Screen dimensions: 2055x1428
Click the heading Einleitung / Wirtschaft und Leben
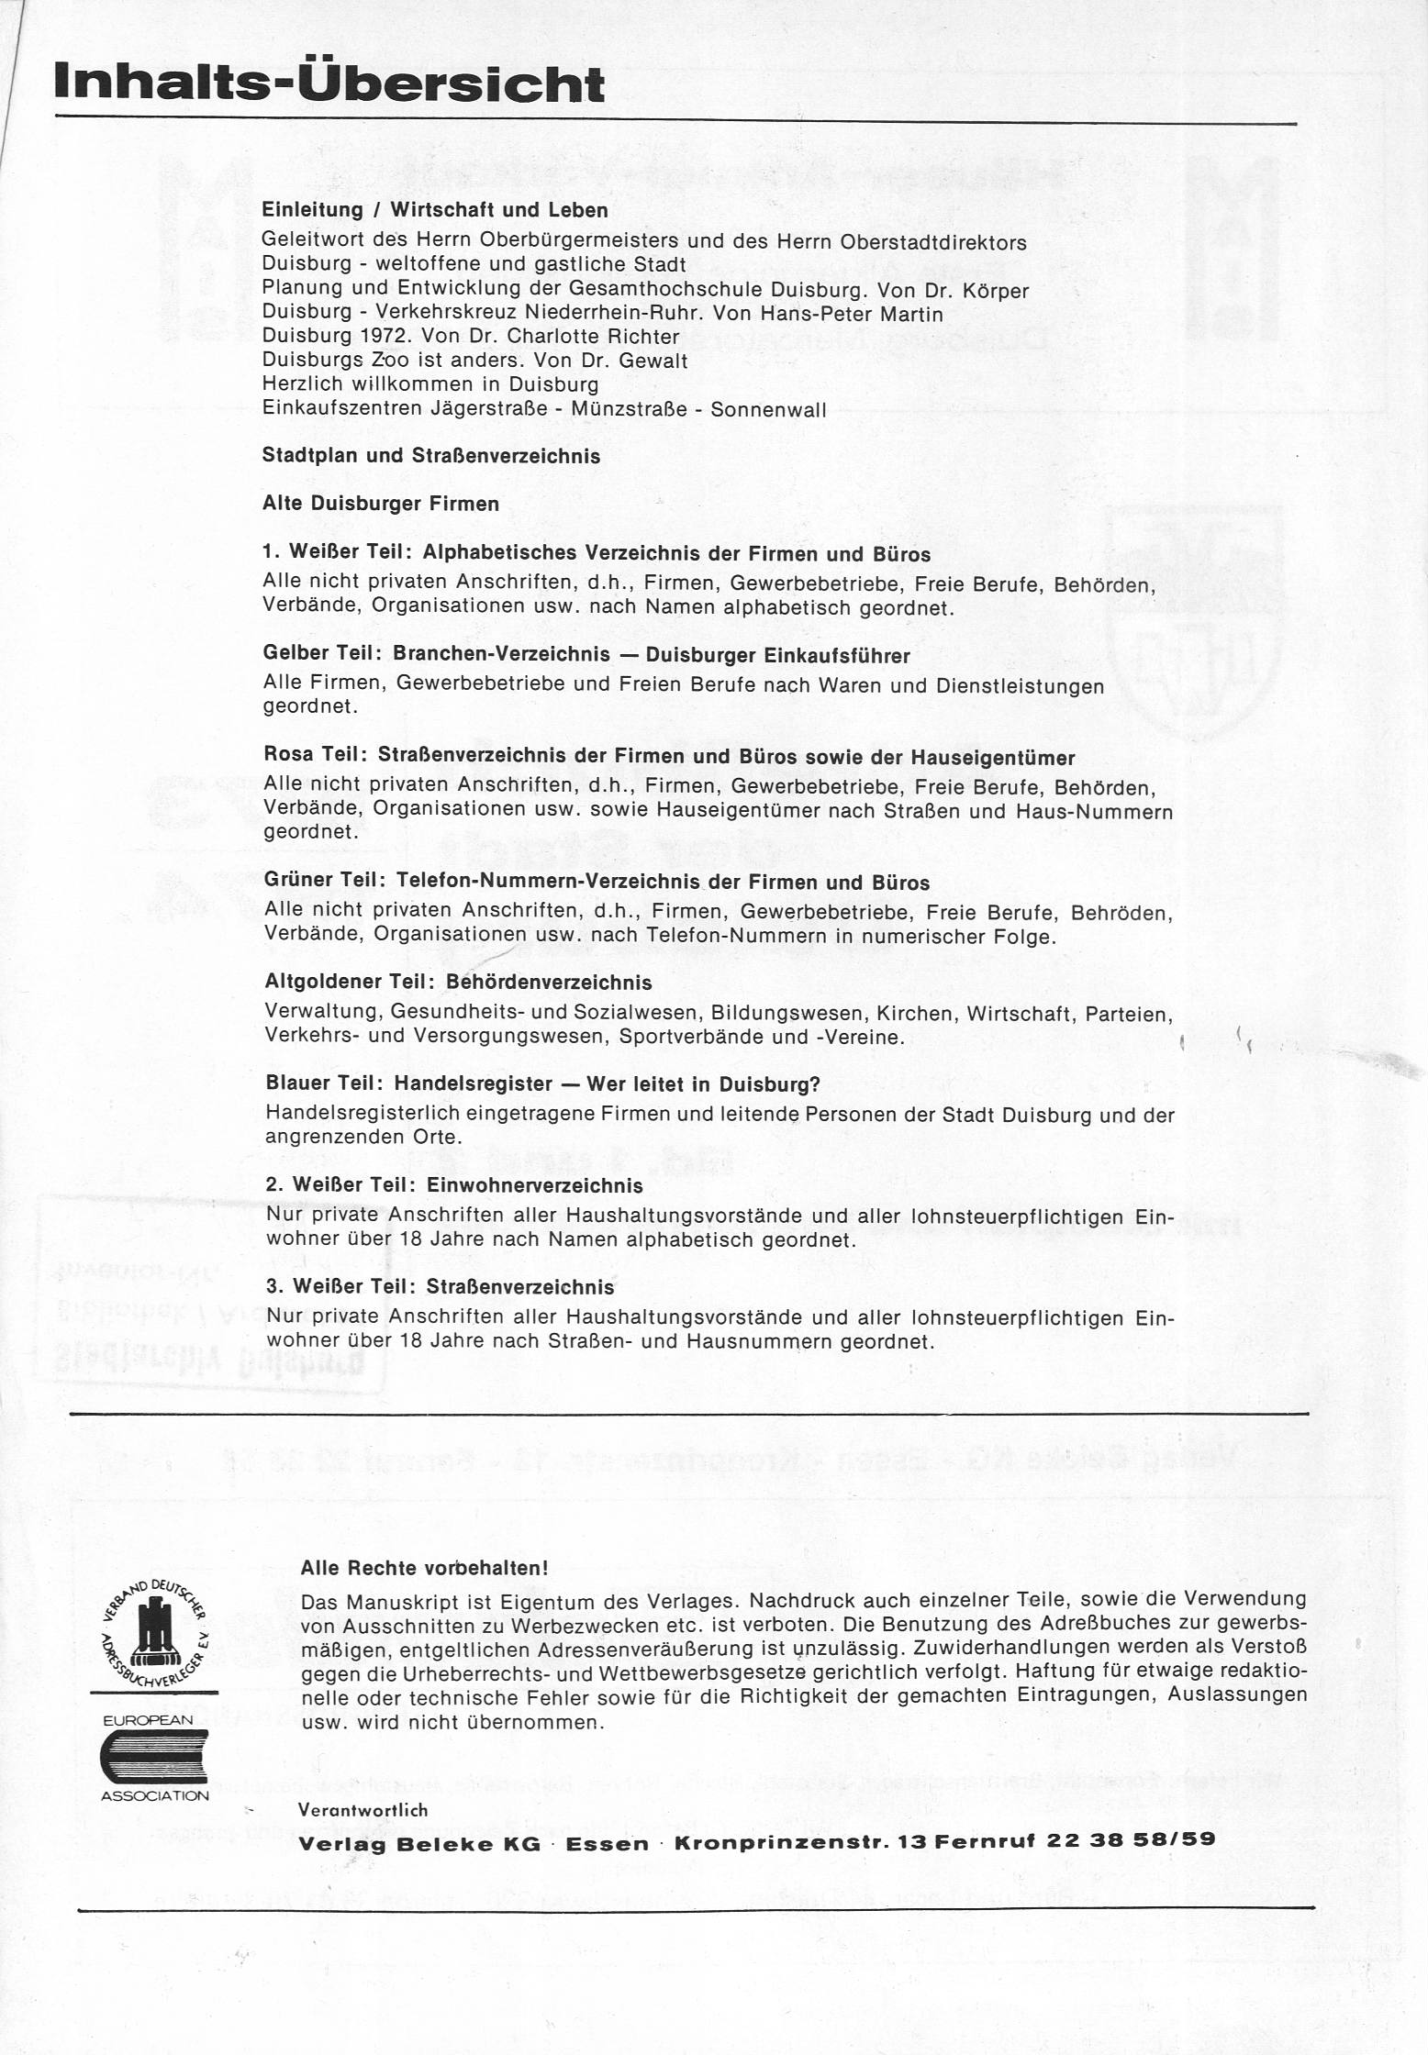(435, 210)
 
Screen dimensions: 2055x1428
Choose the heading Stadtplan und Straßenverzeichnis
(431, 456)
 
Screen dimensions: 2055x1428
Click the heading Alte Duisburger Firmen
(381, 504)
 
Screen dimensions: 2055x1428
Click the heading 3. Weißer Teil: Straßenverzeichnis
(440, 1287)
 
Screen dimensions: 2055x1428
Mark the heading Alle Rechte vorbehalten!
(424, 1568)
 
